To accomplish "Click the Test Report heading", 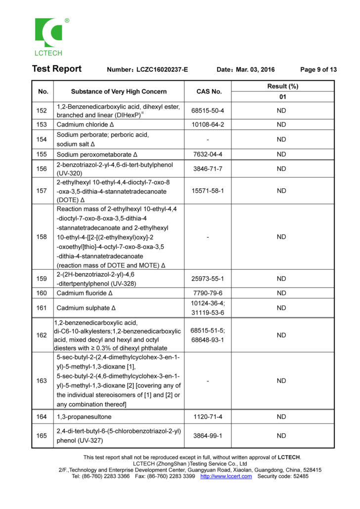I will pyautogui.click(x=57, y=69).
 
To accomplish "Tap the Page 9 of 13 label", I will pyautogui.click(x=318, y=70).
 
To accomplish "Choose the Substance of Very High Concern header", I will pyautogui.click(x=119, y=91).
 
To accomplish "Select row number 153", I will pyautogui.click(x=43, y=125).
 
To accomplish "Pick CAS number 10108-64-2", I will pyautogui.click(x=208, y=125).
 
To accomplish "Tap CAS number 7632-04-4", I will pyautogui.click(x=208, y=154).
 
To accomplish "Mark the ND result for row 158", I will pyautogui.click(x=281, y=237).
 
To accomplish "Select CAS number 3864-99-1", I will pyautogui.click(x=208, y=436).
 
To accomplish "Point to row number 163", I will pyautogui.click(x=43, y=381).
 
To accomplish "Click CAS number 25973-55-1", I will pyautogui.click(x=208, y=279).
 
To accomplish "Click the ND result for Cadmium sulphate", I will pyautogui.click(x=281, y=308).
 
